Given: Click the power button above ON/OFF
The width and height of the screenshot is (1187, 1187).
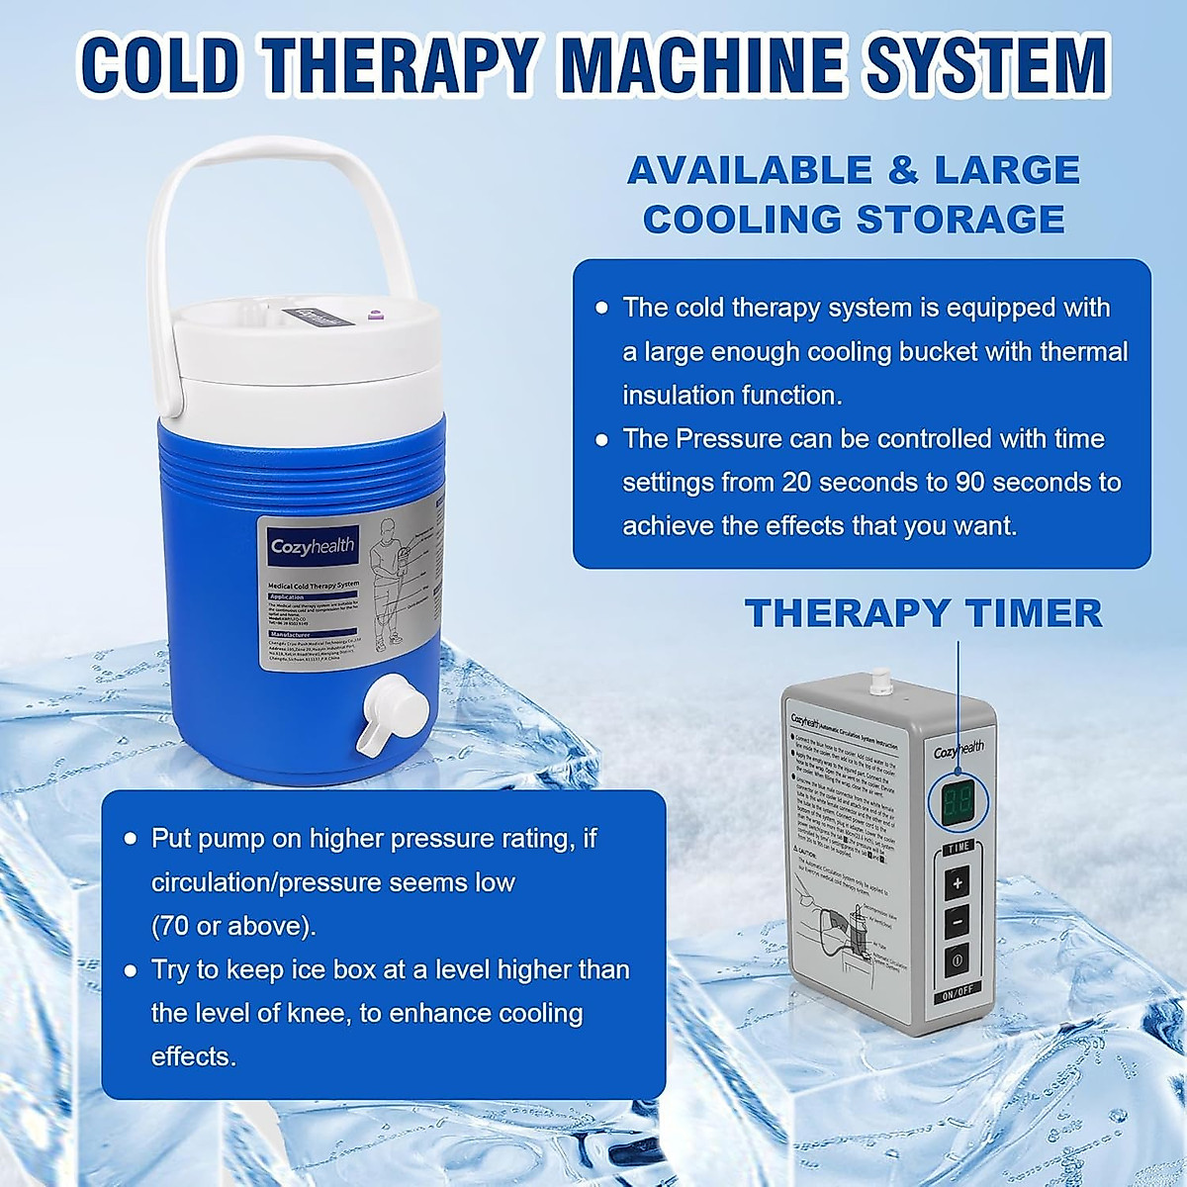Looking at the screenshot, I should pos(957,959).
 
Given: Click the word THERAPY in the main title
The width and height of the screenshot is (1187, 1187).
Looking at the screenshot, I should pos(405,64).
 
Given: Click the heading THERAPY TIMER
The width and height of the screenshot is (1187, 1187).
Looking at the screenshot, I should pos(923,613).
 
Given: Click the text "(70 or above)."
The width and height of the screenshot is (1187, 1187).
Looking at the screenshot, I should pos(233,926).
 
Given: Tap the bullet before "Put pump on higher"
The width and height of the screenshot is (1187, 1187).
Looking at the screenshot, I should pos(130,839).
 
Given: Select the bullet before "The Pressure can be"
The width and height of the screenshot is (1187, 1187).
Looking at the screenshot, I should pos(601,439).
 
